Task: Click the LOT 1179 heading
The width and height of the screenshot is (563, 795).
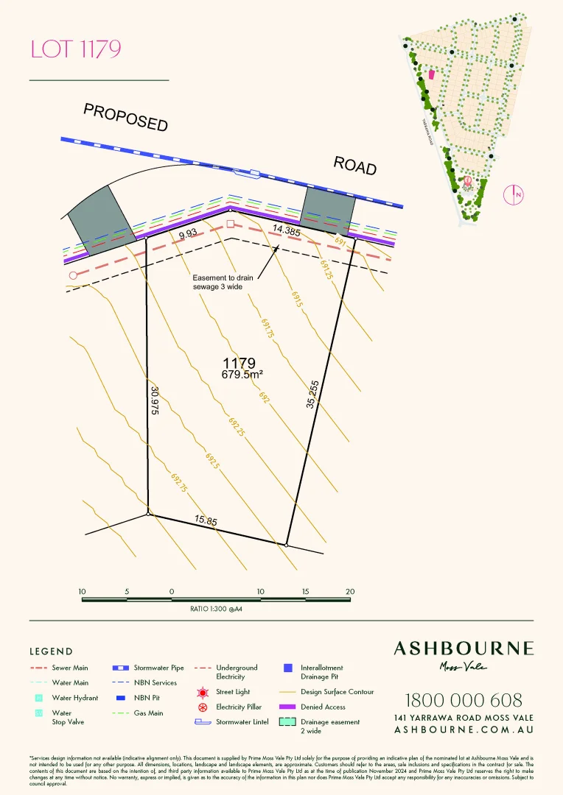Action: click(75, 49)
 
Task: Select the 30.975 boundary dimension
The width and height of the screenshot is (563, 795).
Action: click(155, 402)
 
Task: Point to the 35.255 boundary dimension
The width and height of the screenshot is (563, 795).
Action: click(312, 394)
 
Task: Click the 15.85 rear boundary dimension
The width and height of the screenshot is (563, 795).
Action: click(206, 520)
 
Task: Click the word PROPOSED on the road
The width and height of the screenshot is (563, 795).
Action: click(126, 117)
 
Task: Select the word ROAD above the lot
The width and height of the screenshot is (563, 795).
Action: click(355, 165)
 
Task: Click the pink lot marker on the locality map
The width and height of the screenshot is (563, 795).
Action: click(432, 74)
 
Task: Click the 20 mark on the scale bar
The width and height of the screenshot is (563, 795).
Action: click(350, 592)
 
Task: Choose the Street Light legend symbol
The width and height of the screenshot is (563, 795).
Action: click(203, 693)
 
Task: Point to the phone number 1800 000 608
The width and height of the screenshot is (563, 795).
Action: click(464, 700)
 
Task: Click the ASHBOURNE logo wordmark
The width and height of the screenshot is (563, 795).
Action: click(464, 649)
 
